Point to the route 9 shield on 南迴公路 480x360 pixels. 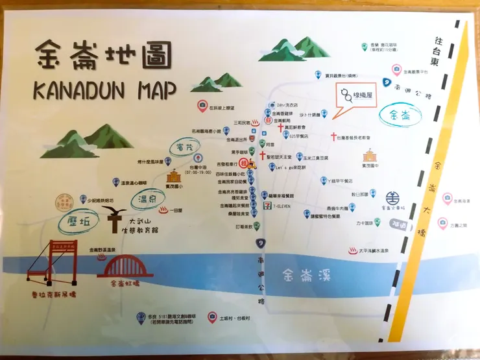point(260,242)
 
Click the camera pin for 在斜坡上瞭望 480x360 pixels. point(202,106)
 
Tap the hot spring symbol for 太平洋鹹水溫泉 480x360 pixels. point(354,250)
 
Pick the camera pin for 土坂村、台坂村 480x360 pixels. point(211,317)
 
